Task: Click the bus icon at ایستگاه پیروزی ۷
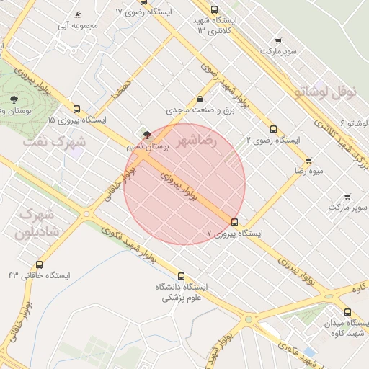234,222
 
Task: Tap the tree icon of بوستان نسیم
148,134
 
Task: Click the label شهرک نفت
54,142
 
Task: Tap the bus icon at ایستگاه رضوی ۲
273,130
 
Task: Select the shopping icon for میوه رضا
308,161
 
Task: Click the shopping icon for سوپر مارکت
347,196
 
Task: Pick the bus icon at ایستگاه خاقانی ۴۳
39,264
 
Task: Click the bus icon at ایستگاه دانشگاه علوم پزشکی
181,275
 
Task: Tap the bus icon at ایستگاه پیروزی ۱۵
77,109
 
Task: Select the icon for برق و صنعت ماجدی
200,99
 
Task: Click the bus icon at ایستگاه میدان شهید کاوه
348,312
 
